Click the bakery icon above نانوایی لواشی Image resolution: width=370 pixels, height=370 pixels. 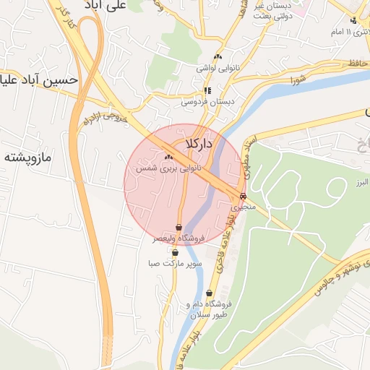pos(218,57)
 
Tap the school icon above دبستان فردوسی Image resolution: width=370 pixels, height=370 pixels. pos(208,91)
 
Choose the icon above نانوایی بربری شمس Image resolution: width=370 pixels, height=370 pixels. pos(169,157)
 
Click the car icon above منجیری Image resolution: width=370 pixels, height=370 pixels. pos(242,196)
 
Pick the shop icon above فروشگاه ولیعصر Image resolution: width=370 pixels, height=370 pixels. pos(178,227)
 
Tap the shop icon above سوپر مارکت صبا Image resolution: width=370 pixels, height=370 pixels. pos(176,253)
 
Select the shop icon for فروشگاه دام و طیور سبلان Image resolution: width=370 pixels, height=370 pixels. pos(209,293)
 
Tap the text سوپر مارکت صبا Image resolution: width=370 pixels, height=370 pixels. pos(176,264)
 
